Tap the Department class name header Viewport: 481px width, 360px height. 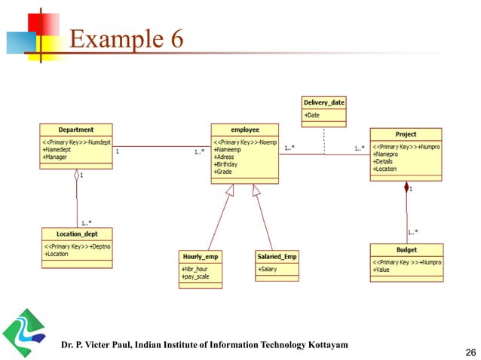[76, 129]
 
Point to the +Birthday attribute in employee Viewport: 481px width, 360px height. [228, 163]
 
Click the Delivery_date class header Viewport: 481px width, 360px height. [325, 102]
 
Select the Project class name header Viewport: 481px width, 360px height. [405, 133]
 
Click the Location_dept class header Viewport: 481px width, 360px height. [76, 233]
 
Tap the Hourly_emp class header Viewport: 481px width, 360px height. [200, 256]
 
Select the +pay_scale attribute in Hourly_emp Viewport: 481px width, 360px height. [196, 276]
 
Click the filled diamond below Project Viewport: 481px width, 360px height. [406, 185]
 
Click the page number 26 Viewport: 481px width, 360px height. [461, 350]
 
